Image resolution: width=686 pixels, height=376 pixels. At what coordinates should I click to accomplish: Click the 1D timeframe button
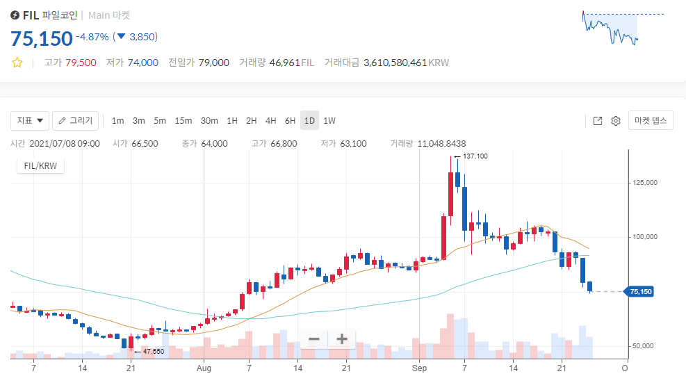click(x=309, y=121)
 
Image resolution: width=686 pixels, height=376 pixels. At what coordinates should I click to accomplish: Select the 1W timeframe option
click(x=329, y=121)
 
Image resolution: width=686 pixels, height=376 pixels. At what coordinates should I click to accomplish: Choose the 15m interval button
click(x=183, y=121)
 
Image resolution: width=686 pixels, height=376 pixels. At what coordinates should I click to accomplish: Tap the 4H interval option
click(x=270, y=121)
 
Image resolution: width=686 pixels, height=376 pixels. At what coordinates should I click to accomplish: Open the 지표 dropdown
click(x=29, y=121)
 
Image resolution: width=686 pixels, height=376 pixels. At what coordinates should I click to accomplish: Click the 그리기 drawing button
click(x=76, y=121)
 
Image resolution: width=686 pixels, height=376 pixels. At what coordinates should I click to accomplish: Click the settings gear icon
click(x=615, y=121)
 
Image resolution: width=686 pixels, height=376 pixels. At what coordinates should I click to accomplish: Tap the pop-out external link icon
click(x=598, y=121)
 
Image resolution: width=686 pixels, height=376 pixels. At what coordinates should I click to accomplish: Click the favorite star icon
click(x=17, y=63)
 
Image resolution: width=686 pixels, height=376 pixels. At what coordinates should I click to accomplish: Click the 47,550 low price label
click(x=154, y=352)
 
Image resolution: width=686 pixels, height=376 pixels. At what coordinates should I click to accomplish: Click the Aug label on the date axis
click(x=203, y=367)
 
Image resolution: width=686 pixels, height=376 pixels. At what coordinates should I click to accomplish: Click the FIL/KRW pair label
click(x=40, y=167)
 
